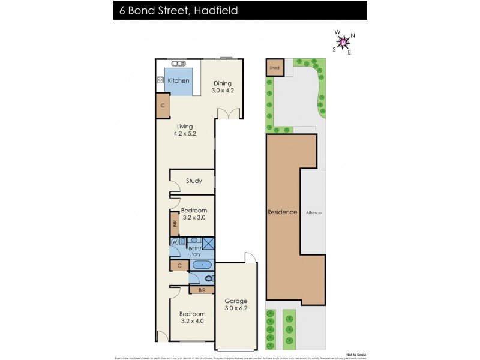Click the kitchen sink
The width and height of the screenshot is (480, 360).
point(178,63)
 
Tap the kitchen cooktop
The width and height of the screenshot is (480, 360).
point(161,80)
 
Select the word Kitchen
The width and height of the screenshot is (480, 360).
point(178,80)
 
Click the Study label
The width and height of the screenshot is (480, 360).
point(193,181)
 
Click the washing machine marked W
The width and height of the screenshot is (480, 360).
point(175,242)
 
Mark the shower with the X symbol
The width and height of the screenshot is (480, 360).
point(208,242)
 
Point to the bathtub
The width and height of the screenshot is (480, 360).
point(202,264)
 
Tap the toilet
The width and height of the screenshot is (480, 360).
point(208,278)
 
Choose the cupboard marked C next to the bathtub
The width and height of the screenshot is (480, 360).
point(179,265)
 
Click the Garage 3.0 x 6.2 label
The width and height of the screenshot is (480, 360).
point(235,305)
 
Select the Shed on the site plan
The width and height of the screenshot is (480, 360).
point(275,68)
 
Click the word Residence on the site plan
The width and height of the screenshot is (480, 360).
point(282,212)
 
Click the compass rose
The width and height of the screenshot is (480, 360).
point(343,42)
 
